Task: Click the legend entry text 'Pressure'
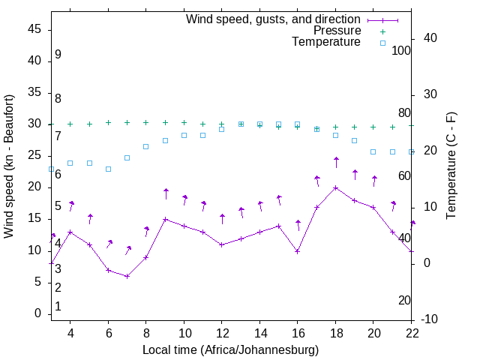tap(336, 31)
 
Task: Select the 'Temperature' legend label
tap(326, 43)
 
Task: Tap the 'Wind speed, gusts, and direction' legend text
tap(274, 19)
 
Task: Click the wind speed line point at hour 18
tap(336, 187)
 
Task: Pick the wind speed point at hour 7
tap(127, 276)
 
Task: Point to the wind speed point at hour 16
tap(298, 251)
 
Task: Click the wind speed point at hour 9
tap(165, 219)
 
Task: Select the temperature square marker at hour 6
tap(108, 169)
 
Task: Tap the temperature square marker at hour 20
tap(373, 151)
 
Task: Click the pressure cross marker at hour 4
tap(70, 124)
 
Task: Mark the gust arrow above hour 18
tap(336, 163)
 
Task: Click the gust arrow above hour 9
tap(166, 193)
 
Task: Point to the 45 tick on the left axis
tap(35, 29)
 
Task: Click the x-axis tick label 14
tap(259, 332)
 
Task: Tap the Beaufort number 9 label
tap(58, 55)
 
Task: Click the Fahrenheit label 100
tap(401, 50)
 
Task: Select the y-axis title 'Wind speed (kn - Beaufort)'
tap(10, 166)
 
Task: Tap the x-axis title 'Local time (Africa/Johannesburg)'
tap(230, 349)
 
